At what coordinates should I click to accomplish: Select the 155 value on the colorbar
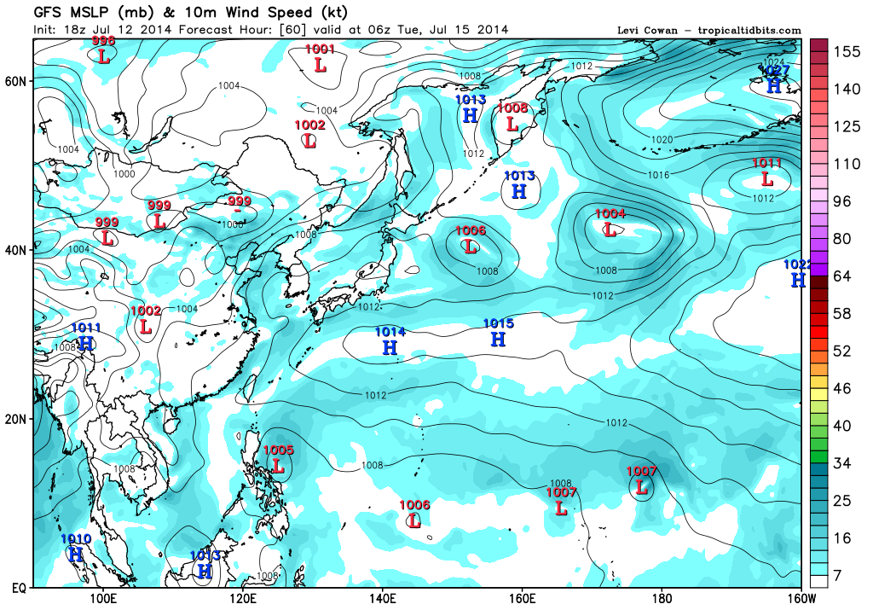point(847,51)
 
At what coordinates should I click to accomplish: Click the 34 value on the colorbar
point(841,463)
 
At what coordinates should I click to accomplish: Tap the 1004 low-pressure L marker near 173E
point(610,229)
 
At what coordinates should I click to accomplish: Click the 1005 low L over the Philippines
point(278,466)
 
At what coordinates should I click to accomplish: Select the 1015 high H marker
point(499,339)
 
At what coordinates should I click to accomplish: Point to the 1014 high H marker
point(390,347)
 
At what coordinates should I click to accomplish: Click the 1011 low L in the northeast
point(767,179)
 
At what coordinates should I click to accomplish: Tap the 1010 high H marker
point(76,555)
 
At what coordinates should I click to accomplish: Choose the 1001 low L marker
point(321,64)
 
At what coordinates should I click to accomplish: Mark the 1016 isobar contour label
point(659,175)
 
